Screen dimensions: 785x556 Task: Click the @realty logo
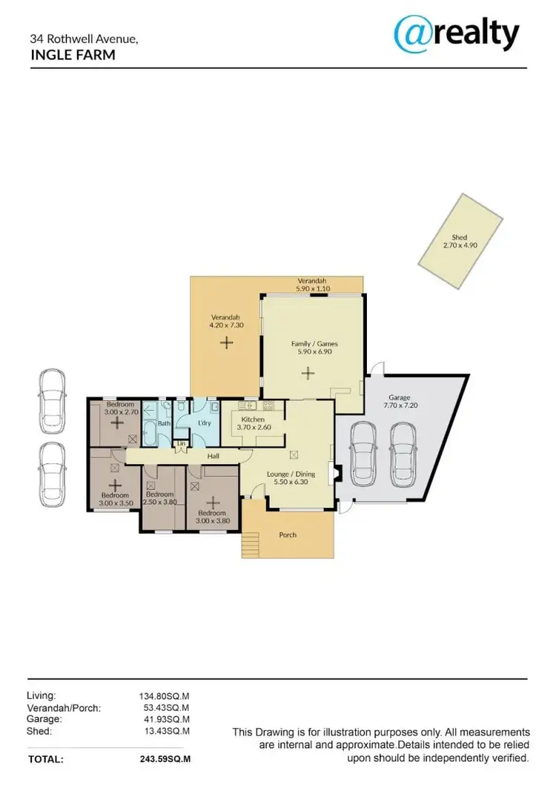point(456,33)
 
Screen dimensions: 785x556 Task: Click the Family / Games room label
point(308,343)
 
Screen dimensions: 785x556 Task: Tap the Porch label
point(288,534)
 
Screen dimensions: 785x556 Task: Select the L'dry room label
point(205,423)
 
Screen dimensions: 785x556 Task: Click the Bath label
point(165,423)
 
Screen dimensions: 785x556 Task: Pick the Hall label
point(214,457)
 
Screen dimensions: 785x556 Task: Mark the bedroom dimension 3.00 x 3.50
point(114,503)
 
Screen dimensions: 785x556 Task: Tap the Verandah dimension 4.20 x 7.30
point(225,325)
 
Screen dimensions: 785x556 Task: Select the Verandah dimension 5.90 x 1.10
point(312,289)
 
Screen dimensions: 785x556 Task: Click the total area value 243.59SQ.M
point(165,759)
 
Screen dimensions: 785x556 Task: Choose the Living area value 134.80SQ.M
point(165,696)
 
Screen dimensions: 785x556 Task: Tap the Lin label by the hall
point(180,445)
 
